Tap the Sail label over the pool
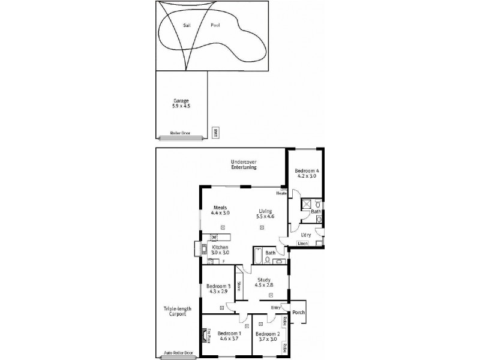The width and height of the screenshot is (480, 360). (187, 26)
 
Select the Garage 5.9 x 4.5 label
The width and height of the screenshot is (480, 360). (181, 103)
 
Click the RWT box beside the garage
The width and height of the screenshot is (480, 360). (215, 133)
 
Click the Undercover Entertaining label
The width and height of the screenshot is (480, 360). (244, 164)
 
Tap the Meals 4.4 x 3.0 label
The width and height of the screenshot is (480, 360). (220, 210)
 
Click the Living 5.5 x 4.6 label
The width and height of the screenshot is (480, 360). (265, 214)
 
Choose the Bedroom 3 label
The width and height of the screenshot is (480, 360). (215, 289)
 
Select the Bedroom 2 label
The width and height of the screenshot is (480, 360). (268, 337)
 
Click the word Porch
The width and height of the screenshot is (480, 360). (299, 312)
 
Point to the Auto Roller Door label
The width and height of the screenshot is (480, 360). (178, 353)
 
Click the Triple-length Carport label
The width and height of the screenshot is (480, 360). (177, 311)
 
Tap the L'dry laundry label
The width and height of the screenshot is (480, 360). (305, 235)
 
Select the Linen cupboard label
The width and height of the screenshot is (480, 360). (302, 244)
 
